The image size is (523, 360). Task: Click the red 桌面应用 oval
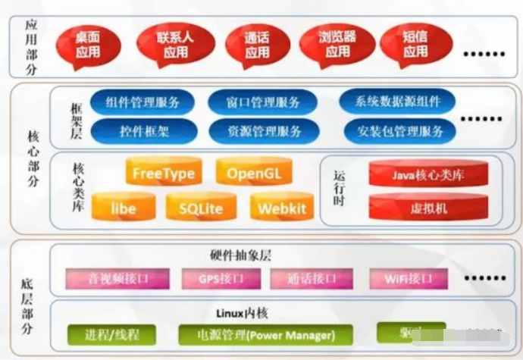click(x=87, y=45)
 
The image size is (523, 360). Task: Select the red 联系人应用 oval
click(x=175, y=45)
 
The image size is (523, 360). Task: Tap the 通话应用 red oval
click(x=257, y=45)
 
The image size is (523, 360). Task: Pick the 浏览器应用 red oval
click(x=337, y=45)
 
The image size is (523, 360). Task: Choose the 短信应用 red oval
click(x=415, y=45)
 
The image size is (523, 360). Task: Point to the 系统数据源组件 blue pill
click(x=396, y=102)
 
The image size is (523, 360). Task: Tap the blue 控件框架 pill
click(x=143, y=130)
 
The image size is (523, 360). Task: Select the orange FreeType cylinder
click(x=164, y=173)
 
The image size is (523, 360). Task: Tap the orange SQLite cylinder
click(x=202, y=207)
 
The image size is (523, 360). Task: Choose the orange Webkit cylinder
click(x=281, y=207)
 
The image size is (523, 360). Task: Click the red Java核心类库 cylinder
click(x=428, y=175)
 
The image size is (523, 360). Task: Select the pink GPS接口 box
click(x=221, y=279)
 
